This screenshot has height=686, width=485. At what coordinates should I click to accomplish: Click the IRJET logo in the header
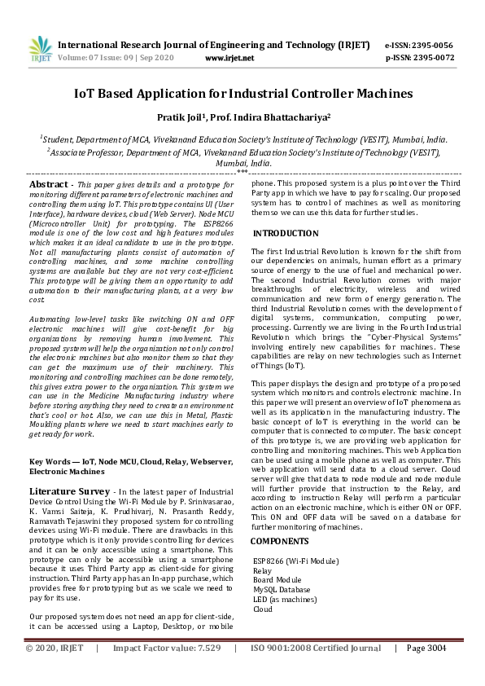point(35,50)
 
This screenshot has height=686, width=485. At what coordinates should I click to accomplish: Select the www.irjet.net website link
point(229,59)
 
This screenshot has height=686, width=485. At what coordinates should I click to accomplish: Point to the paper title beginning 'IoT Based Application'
point(242,94)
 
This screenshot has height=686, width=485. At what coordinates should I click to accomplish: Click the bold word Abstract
point(48,185)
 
